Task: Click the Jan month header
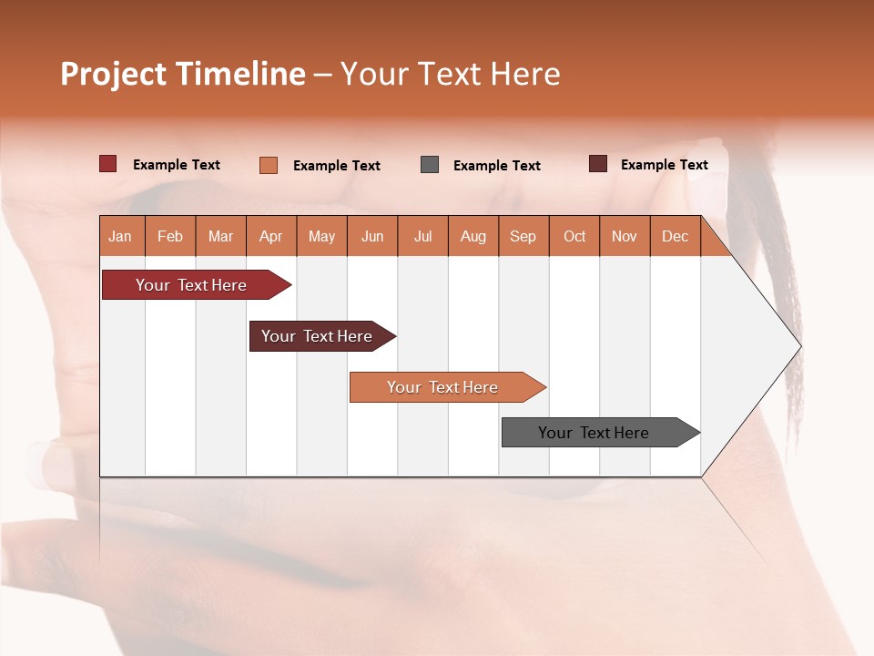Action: [x=121, y=236]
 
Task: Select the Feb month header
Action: [x=170, y=236]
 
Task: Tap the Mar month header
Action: [x=220, y=236]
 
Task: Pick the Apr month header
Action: [x=271, y=236]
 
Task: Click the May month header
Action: [x=321, y=236]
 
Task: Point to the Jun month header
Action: [x=372, y=236]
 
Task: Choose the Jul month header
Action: [x=422, y=236]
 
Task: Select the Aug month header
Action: [x=473, y=236]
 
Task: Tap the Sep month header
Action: [x=523, y=236]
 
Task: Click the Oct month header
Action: [x=574, y=236]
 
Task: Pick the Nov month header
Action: [x=625, y=236]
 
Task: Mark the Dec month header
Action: [x=675, y=236]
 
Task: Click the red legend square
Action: [x=108, y=164]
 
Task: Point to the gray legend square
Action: [x=430, y=165]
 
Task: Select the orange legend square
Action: [x=269, y=165]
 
